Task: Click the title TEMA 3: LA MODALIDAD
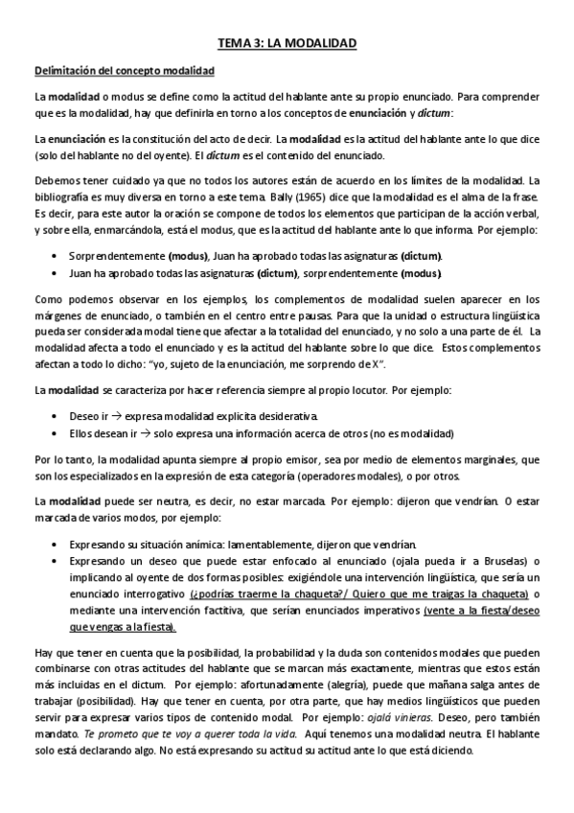coord(287,44)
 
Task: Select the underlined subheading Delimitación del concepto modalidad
coord(126,72)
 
